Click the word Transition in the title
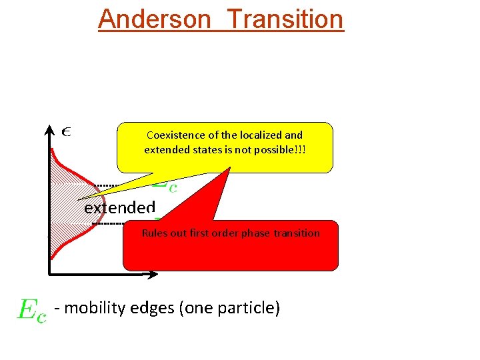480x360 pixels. point(285,19)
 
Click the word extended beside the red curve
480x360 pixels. point(119,207)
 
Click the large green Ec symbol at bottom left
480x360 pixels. point(31,310)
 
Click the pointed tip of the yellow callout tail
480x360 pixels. point(79,199)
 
